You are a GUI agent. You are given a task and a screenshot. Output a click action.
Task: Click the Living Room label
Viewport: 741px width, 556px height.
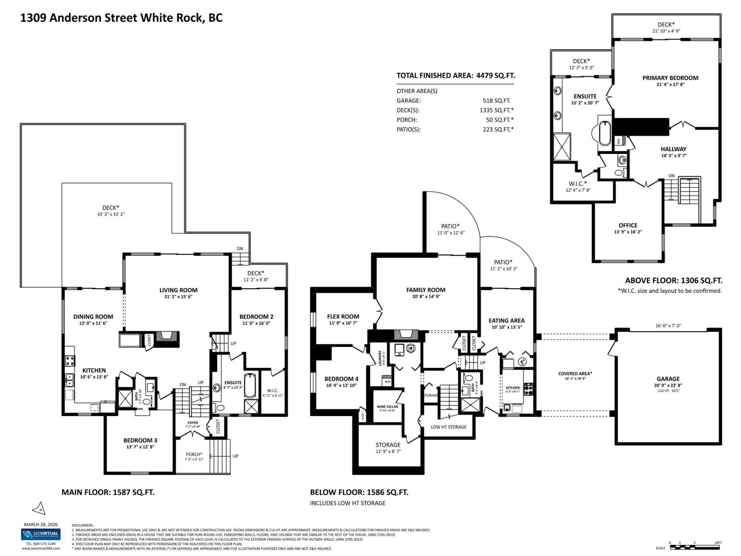click(178, 290)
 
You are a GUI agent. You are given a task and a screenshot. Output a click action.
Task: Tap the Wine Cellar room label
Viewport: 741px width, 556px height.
click(387, 407)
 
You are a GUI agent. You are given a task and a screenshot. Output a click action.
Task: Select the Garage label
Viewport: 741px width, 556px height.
click(668, 379)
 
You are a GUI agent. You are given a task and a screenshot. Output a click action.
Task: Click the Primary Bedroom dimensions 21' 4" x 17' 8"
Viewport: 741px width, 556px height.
click(670, 84)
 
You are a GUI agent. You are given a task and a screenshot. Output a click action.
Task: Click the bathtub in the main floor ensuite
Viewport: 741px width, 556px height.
click(249, 386)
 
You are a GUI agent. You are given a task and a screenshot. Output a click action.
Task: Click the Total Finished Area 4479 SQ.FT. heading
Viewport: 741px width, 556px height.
click(455, 76)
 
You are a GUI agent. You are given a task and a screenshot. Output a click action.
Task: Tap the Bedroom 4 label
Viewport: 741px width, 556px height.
click(341, 379)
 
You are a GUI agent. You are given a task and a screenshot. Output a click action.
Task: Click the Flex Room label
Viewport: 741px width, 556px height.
click(343, 316)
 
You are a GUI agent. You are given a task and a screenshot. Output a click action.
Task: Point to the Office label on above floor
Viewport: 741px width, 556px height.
click(628, 225)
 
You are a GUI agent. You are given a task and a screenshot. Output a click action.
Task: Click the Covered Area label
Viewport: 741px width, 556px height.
click(575, 373)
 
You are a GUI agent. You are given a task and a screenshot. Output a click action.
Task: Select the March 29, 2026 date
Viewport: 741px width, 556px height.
click(41, 524)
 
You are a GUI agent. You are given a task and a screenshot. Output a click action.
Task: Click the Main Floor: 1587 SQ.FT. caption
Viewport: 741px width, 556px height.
click(108, 492)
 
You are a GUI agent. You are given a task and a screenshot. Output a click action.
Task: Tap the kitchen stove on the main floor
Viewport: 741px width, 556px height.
click(70, 361)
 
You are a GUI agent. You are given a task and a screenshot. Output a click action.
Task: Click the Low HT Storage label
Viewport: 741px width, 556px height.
click(448, 427)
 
